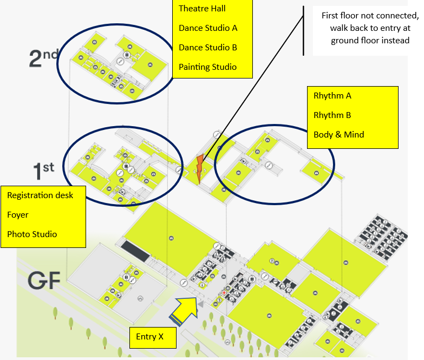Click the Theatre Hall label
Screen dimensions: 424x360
(202, 9)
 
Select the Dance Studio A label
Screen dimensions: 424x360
(208, 28)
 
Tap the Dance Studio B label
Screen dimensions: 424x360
(208, 48)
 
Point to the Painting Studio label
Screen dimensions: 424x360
(208, 67)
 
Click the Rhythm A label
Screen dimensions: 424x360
(332, 96)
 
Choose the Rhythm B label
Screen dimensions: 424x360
(332, 115)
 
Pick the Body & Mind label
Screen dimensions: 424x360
(339, 135)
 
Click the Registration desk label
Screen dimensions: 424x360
(40, 195)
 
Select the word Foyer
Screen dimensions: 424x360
(18, 215)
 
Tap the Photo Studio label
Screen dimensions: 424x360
(32, 234)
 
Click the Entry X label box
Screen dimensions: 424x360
(153, 338)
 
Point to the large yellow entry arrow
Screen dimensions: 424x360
(185, 310)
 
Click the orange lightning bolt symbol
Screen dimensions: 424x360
(200, 169)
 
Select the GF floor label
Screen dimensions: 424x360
(44, 281)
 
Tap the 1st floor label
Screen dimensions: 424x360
(43, 171)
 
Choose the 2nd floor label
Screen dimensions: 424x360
(44, 58)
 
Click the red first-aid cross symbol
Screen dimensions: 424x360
(224, 293)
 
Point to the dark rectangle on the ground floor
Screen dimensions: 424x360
(135, 251)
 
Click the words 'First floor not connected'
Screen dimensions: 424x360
(370, 16)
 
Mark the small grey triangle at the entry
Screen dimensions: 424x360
(201, 304)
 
